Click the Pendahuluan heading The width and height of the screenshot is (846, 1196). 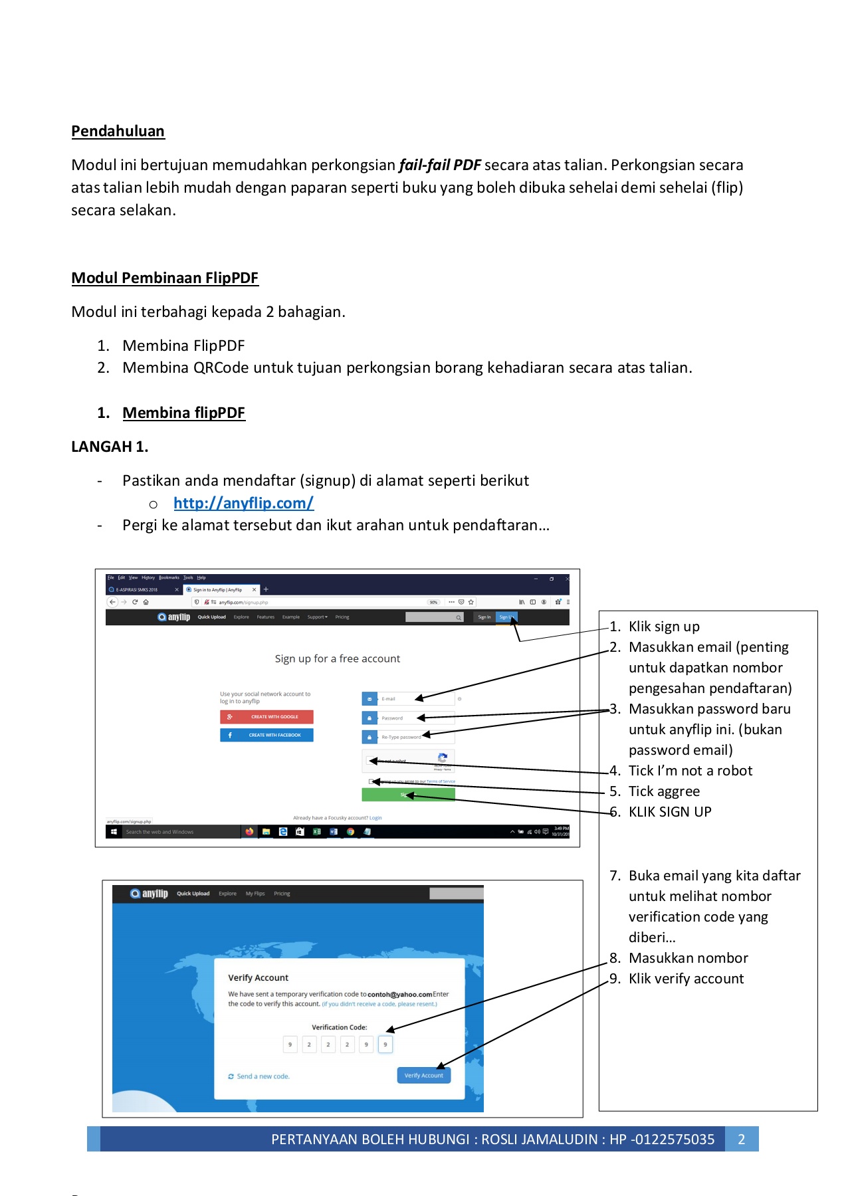click(x=118, y=131)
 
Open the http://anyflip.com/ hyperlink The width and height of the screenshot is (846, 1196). click(x=243, y=503)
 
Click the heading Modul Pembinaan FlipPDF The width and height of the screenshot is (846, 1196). click(x=165, y=278)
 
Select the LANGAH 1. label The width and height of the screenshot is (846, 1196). click(x=110, y=447)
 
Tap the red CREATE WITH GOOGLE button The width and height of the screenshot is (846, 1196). click(x=266, y=717)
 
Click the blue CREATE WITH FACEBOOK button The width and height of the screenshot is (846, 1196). click(x=266, y=735)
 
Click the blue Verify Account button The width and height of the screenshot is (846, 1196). click(x=423, y=1075)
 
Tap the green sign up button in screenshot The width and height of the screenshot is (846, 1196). click(x=408, y=795)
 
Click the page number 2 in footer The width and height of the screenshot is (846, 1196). click(x=742, y=1139)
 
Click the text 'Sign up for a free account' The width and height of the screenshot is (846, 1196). click(x=338, y=658)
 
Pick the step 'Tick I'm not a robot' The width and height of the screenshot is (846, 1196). click(x=690, y=771)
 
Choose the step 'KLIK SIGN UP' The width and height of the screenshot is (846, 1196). click(x=669, y=812)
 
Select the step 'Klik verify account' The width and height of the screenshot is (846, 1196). click(x=686, y=979)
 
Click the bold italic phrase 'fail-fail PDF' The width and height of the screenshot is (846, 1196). click(x=439, y=165)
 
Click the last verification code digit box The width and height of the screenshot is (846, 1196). click(x=385, y=1045)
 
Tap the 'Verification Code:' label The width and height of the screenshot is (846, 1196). click(x=339, y=1027)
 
